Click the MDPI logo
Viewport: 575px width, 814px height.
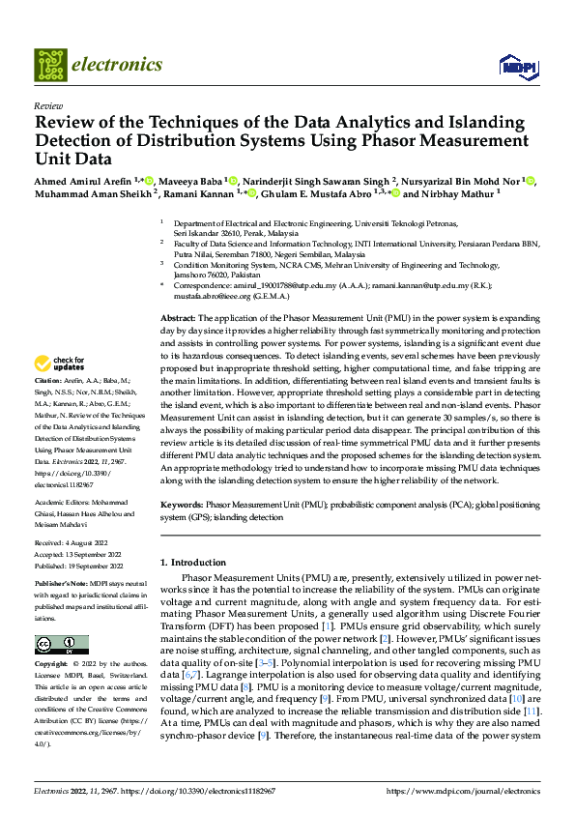coord(512,66)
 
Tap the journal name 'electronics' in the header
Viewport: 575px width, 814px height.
coord(116,65)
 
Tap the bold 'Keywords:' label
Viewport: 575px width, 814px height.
coord(182,505)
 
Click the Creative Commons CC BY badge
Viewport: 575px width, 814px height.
coord(61,645)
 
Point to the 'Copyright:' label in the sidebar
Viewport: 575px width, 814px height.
coord(52,666)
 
